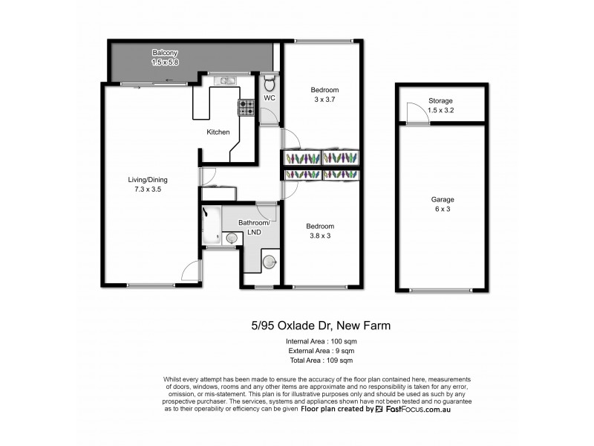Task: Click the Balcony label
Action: point(164,53)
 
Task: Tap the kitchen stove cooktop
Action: point(246,109)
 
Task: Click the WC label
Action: point(270,98)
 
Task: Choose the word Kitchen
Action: point(218,132)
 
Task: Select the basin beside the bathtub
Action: point(232,238)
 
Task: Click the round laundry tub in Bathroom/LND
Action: point(270,261)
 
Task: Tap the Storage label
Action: point(440,100)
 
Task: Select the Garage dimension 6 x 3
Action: point(443,209)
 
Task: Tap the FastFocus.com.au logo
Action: point(419,409)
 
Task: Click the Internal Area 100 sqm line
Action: point(320,340)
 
